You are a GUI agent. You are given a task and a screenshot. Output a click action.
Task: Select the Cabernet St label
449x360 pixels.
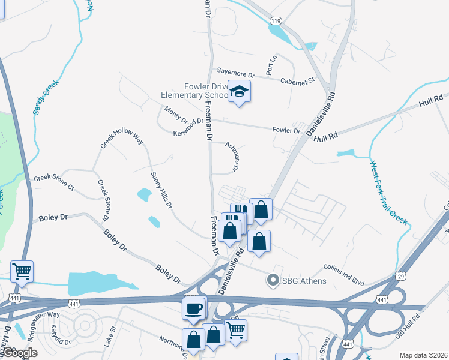pos(299,80)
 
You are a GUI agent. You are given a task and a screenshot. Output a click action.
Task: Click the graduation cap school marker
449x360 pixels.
pos(240,92)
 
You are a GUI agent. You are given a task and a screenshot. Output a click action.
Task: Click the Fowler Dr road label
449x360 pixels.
pos(286,130)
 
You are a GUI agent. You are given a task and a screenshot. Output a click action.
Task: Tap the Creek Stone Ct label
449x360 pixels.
pos(53,182)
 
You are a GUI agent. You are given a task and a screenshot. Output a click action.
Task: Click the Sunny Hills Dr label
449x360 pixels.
pos(161,189)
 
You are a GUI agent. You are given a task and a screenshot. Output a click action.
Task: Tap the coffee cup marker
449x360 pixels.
pos(194,308)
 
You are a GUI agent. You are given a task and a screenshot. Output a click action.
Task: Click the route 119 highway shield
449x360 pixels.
pos(276,21)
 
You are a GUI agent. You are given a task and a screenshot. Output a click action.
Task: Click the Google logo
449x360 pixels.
pos(20,353)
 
